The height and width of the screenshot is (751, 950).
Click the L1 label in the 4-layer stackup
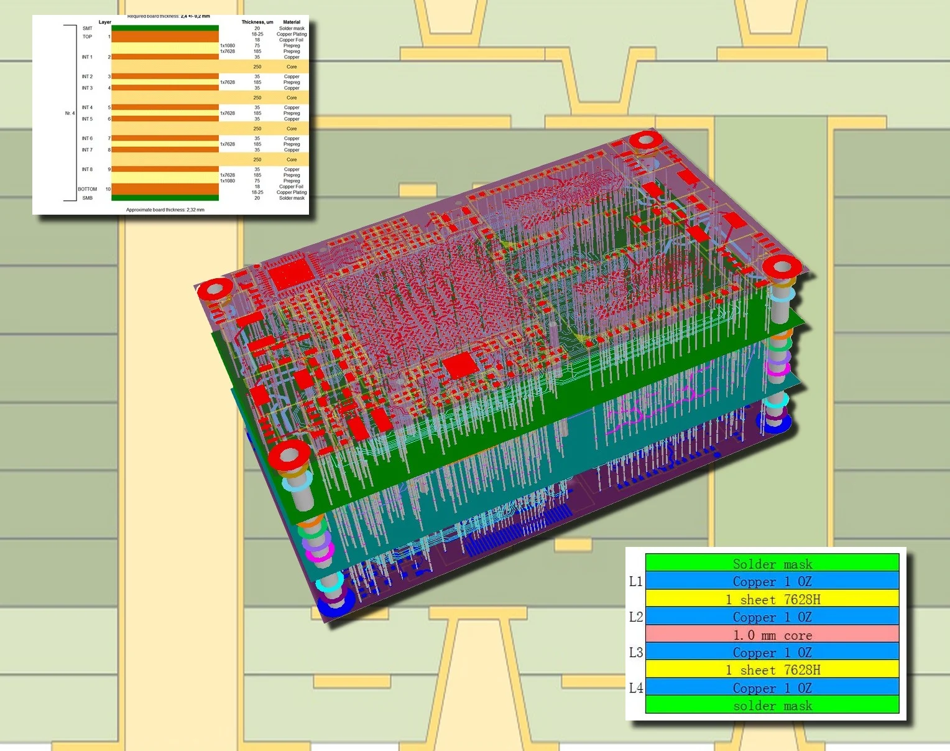[635, 581]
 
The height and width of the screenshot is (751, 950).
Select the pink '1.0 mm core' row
[772, 635]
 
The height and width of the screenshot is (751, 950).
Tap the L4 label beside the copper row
[635, 688]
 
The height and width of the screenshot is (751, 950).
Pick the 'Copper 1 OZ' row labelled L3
[772, 652]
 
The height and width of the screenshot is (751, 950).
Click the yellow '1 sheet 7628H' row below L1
[772, 599]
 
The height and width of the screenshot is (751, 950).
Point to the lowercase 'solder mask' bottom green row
[772, 706]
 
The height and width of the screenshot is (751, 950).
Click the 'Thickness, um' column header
[257, 22]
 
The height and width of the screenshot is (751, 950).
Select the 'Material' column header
[292, 22]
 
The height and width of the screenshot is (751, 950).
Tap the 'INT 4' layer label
[87, 108]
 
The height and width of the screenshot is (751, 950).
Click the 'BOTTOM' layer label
[87, 189]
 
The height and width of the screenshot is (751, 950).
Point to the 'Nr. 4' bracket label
[70, 113]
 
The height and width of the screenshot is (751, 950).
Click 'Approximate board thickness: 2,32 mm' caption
[165, 210]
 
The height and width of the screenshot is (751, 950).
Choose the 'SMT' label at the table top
[87, 28]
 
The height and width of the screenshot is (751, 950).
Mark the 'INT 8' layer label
[87, 169]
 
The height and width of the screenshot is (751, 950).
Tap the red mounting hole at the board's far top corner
[645, 139]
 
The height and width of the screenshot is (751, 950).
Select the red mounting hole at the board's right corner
[782, 267]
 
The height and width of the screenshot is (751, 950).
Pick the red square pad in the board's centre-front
[461, 365]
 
